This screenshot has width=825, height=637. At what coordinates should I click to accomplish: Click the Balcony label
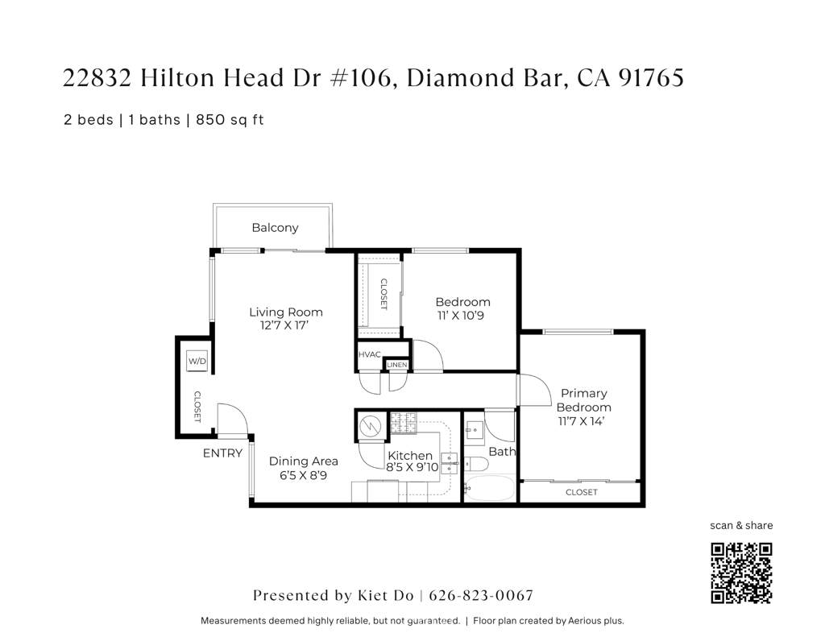(275, 228)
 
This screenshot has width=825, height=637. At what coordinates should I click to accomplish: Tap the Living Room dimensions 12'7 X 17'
(284, 325)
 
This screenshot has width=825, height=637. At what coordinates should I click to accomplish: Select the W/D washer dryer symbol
(197, 362)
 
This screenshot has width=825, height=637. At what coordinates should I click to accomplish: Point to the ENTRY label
(222, 453)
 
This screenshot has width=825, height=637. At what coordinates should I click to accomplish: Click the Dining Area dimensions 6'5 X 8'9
(303, 475)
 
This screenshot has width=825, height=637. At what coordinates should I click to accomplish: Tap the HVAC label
(369, 354)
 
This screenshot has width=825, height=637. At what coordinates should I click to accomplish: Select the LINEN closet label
(396, 365)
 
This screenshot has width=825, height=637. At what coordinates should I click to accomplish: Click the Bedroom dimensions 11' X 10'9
(460, 316)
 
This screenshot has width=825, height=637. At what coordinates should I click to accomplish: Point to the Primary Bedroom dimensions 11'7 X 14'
(581, 421)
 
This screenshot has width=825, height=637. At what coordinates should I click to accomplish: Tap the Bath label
(502, 451)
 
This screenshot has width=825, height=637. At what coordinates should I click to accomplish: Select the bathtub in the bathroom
(489, 488)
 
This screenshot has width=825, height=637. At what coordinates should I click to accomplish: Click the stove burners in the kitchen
(403, 423)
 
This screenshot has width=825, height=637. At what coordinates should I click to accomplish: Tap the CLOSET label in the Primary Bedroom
(582, 492)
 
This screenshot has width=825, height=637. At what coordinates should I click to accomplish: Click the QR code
(741, 573)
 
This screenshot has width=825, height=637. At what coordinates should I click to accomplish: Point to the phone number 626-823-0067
(481, 595)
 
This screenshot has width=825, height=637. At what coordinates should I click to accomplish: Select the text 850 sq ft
(230, 120)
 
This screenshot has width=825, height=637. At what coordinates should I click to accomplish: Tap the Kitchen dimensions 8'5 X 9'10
(412, 467)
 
